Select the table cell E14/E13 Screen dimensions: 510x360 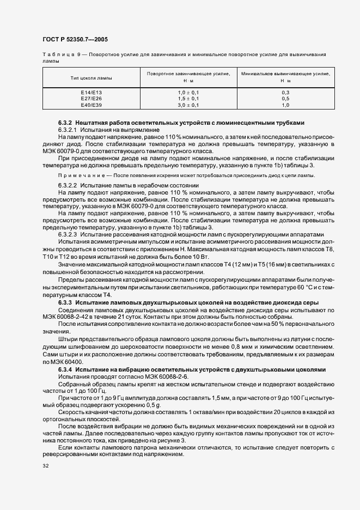click(91, 93)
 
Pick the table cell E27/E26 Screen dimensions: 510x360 click(91, 99)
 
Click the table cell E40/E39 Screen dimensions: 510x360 click(91, 105)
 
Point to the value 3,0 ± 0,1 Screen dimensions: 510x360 click(188, 105)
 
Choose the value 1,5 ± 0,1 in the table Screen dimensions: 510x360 click(188, 99)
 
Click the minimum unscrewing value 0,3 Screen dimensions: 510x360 click(285, 93)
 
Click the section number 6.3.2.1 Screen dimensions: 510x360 click(68, 130)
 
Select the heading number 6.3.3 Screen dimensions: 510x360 click(65, 302)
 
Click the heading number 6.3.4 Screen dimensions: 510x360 click(65, 369)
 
